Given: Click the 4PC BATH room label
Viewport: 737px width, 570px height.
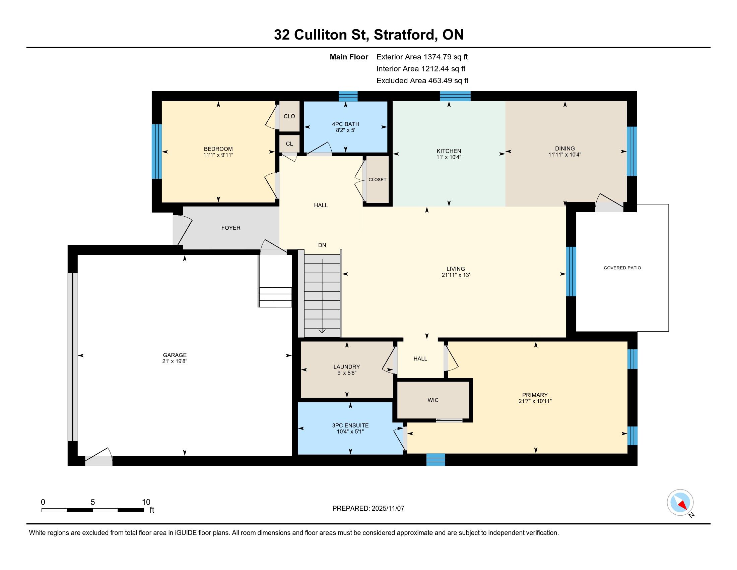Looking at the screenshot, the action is tap(346, 124).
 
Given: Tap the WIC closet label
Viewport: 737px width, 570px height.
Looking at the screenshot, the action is tap(433, 400).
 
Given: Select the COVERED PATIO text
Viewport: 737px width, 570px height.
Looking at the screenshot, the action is tap(622, 268).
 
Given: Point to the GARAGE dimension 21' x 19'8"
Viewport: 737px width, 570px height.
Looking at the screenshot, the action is tap(175, 361).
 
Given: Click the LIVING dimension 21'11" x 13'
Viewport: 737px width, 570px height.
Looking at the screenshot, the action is tap(456, 275).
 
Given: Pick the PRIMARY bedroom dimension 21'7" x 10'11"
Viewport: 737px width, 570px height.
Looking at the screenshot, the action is tap(535, 401).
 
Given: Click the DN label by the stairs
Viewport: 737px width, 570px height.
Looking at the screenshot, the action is tap(322, 245).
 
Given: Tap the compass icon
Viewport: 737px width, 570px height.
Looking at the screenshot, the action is tap(680, 503).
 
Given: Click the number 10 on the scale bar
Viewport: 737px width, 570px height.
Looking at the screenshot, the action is tap(146, 502).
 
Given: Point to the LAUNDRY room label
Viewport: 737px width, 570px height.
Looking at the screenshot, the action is tap(347, 367).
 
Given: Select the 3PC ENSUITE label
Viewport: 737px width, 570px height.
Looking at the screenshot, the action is tap(350, 425).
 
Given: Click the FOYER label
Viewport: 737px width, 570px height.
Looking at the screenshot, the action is tap(231, 228).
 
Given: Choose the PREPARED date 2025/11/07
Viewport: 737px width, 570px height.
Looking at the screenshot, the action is tap(388, 509).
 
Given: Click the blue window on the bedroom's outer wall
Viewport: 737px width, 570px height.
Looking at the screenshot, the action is tap(156, 151).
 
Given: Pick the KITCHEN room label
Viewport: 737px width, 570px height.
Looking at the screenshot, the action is tap(449, 151).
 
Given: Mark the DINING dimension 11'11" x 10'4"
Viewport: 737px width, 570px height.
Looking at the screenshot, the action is tap(565, 155).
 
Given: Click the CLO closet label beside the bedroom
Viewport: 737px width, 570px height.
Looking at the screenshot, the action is tap(289, 116).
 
